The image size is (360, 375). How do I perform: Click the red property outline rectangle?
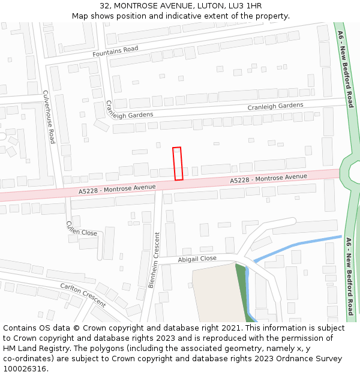point(177,163)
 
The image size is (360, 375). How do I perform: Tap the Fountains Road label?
point(115,52)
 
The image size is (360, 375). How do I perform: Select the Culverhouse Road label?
point(49,116)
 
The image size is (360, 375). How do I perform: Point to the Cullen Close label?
point(82,229)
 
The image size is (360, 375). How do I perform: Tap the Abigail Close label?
point(197,259)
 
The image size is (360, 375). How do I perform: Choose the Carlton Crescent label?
point(83,295)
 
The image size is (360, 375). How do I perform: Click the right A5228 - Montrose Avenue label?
point(268,178)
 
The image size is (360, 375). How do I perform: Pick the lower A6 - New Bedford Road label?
point(349,276)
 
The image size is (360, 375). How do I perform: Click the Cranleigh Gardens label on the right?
point(275,106)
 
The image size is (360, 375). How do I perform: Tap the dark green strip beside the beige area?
point(241,288)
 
